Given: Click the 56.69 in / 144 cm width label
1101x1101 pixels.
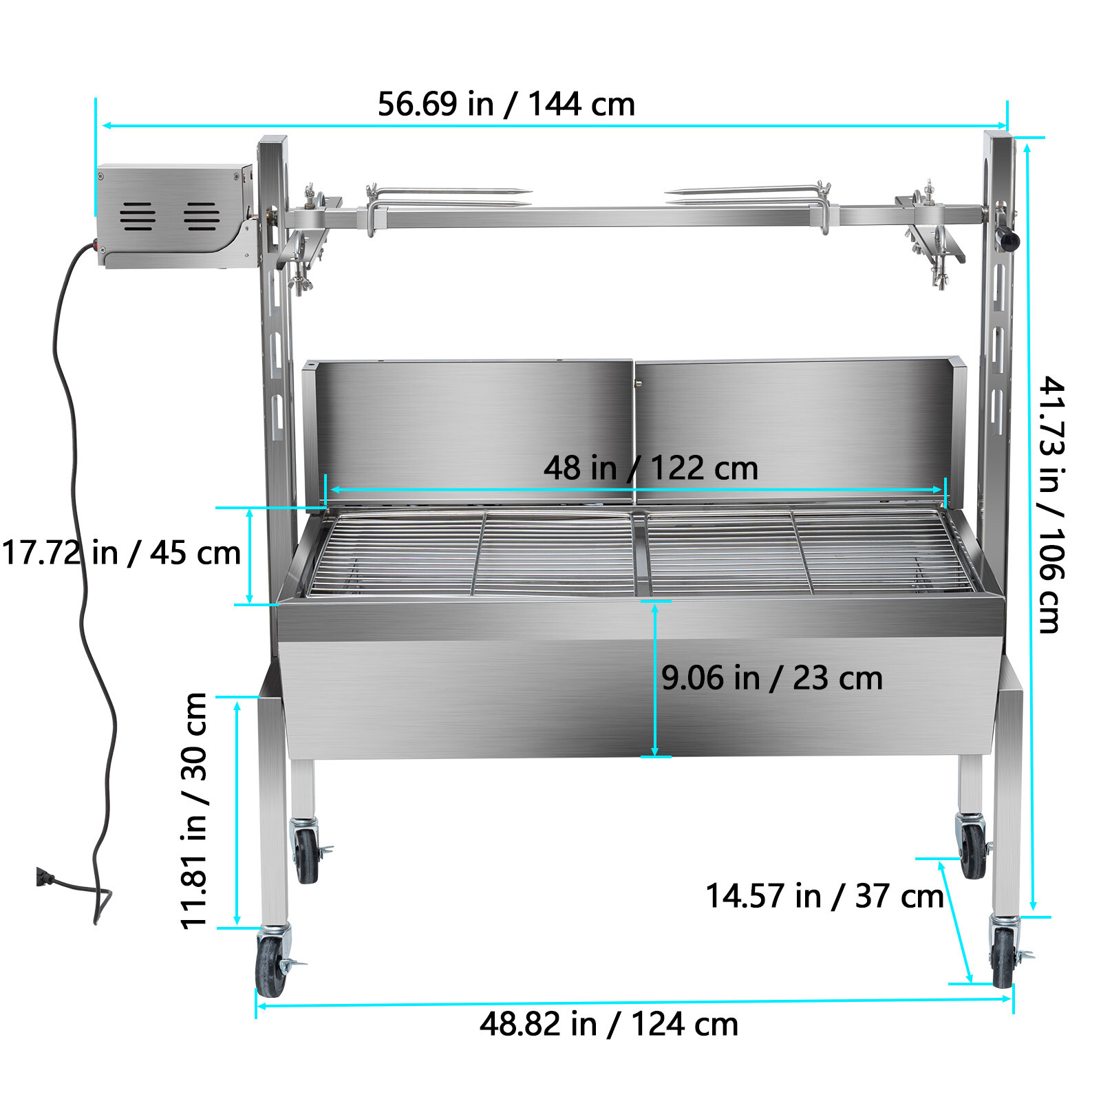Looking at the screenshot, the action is (x=506, y=105).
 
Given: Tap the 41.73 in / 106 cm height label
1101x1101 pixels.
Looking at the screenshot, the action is (x=1051, y=504).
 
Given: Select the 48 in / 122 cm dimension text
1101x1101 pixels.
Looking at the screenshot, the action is (x=650, y=469).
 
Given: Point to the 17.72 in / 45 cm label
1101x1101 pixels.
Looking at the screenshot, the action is (x=121, y=553).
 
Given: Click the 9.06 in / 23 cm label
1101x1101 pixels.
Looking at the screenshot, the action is (x=772, y=678).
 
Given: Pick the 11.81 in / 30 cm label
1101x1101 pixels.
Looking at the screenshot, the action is (x=193, y=811).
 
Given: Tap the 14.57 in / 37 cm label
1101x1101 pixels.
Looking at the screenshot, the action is (x=824, y=897).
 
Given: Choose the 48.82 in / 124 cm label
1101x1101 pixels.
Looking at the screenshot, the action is (x=609, y=1024).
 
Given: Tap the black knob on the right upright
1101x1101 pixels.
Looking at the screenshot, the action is (x=1009, y=241).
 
